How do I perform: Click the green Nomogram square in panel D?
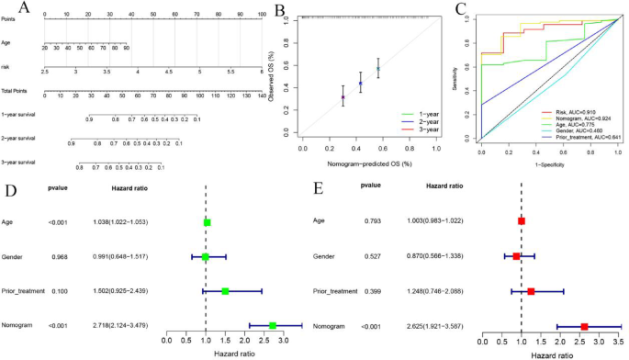tap(272, 325)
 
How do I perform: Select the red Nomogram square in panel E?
tap(584, 325)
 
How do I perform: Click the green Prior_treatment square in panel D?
tap(225, 291)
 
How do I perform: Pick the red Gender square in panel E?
tap(516, 256)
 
